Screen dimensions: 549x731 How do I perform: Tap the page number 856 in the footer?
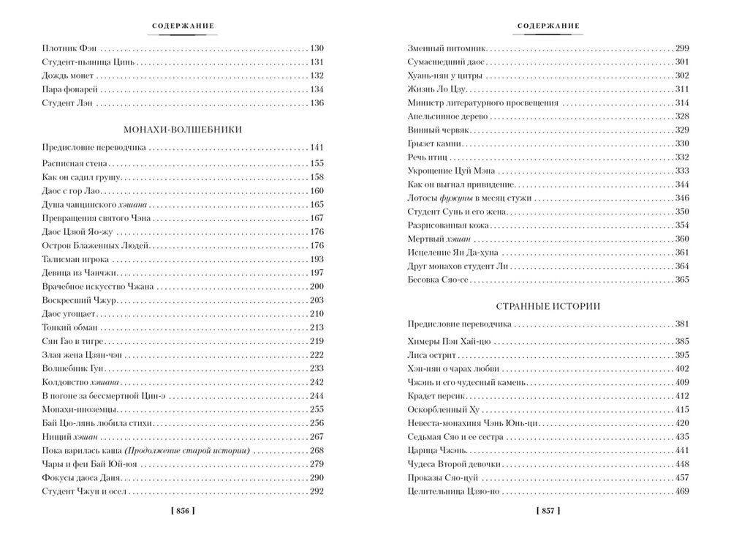click(x=183, y=511)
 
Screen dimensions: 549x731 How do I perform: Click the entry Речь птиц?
click(x=426, y=157)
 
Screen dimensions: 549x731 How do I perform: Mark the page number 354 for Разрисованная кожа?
click(x=681, y=225)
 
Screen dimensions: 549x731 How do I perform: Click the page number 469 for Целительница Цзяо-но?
click(x=681, y=491)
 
